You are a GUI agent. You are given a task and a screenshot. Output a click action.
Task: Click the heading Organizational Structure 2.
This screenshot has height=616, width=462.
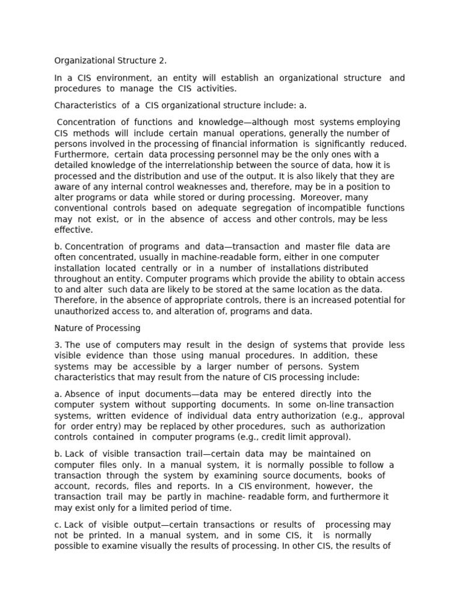point(111,60)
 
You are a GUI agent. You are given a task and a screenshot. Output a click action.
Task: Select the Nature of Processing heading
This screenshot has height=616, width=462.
point(97,328)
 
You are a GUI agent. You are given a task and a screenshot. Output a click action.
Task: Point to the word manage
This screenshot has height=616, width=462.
point(131,88)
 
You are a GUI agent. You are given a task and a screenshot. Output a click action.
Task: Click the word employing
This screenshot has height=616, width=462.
point(378,122)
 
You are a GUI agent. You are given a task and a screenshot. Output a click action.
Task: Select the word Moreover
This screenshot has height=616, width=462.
point(320,197)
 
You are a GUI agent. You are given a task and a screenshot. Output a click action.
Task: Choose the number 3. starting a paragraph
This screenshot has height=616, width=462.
point(58,345)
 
